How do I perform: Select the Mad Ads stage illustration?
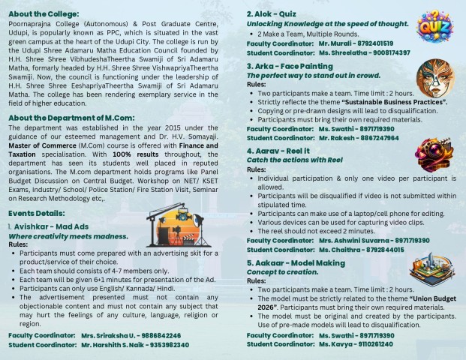click(172, 218)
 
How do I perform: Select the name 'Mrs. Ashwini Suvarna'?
click(353, 240)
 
